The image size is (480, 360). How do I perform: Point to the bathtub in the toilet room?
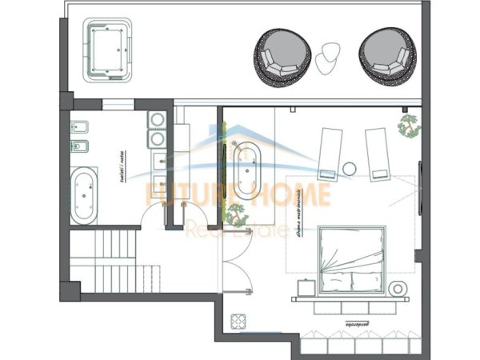click(84, 197)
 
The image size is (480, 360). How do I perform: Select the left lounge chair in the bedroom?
click(329, 154)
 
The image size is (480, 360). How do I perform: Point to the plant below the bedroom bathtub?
click(236, 214)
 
